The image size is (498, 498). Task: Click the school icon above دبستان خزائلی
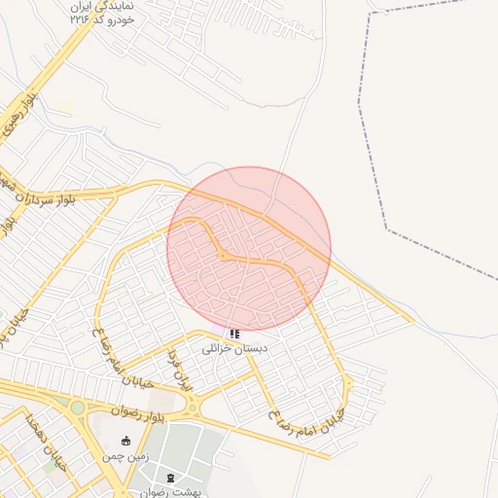coord(234,334)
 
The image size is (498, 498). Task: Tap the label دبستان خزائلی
coord(234,347)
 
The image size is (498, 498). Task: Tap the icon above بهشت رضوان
coord(172,478)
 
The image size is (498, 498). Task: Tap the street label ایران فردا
coord(182,369)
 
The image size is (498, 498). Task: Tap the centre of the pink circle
coord(249,249)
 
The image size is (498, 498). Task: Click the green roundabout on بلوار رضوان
coord(77,407)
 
